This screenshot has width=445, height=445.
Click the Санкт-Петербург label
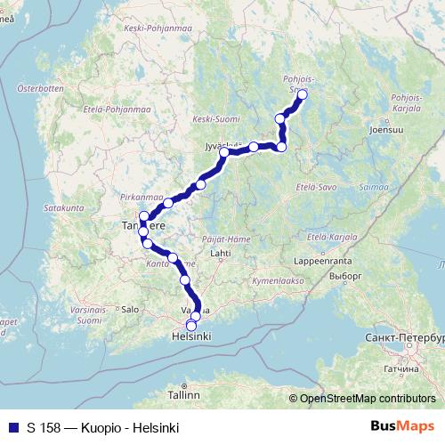(x=404, y=339)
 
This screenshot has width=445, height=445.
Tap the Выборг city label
(x=365, y=277)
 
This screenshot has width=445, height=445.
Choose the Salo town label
(x=131, y=309)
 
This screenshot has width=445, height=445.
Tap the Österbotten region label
(x=36, y=88)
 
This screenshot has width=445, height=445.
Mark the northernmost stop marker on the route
(x=302, y=94)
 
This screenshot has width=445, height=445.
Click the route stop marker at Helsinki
(x=191, y=326)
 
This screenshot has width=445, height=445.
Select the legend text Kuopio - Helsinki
(x=130, y=428)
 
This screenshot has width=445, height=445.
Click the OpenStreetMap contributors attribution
(x=368, y=399)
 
